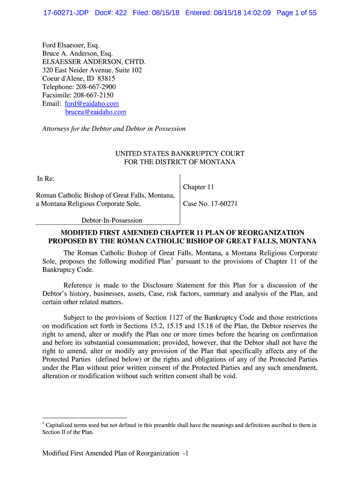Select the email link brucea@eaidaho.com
coord(95,112)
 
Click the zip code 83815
coord(106,79)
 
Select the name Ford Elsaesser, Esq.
coord(71,45)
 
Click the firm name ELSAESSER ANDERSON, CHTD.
coord(94,62)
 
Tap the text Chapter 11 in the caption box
coord(198,187)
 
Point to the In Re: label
coord(46,179)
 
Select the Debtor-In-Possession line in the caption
coord(112,220)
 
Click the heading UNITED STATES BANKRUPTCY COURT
coord(180,153)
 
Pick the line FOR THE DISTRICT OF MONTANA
coord(180,162)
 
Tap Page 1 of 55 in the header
coord(296,13)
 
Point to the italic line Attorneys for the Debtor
coord(114,129)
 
